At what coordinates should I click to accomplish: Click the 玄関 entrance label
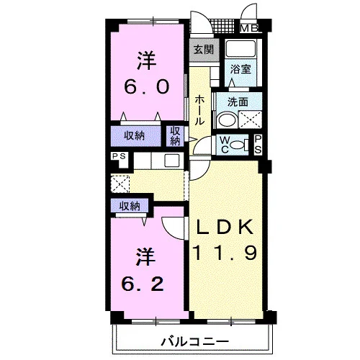204,50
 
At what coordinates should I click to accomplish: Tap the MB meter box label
249,28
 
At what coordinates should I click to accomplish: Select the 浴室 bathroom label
240,69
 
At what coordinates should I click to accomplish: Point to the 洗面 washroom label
238,102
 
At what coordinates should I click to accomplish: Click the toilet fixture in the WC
239,145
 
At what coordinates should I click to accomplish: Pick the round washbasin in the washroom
227,120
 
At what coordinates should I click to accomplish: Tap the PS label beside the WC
258,145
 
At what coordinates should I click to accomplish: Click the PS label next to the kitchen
120,156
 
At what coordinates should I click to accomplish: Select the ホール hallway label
199,110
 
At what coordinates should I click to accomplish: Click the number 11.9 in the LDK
225,253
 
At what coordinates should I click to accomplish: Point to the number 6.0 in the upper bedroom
147,86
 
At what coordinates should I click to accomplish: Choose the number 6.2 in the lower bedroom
143,284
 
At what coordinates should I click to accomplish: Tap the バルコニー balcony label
195,341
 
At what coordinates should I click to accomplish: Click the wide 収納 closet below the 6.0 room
135,136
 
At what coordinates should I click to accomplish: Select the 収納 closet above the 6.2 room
130,206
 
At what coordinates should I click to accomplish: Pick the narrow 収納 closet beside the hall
175,136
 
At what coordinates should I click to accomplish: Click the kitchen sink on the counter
171,161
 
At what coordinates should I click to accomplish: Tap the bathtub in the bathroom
240,48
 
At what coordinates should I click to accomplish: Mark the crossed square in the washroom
251,120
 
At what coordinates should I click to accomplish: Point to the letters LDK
225,227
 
